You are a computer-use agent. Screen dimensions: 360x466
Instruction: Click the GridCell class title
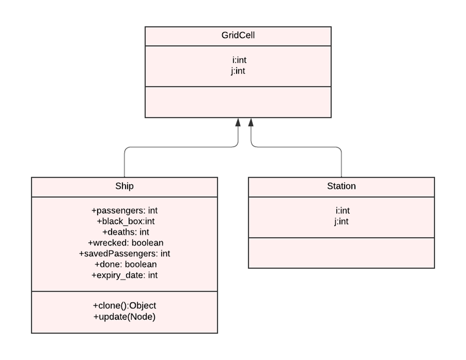point(238,35)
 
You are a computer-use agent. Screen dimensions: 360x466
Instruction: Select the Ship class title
point(124,186)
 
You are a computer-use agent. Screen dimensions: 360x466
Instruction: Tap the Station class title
point(341,186)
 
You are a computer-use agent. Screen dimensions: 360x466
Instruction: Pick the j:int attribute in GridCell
point(238,71)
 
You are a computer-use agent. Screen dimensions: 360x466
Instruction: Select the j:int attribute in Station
point(341,221)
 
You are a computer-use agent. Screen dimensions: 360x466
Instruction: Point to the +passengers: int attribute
point(124,210)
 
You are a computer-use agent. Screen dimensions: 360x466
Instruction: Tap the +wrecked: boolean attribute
point(125,243)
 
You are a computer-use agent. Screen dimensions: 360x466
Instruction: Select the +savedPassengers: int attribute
point(124,253)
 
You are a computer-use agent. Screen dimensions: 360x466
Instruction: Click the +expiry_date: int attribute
point(124,275)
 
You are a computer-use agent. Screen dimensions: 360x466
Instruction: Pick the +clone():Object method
point(124,306)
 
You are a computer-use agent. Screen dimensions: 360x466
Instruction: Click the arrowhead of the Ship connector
point(238,122)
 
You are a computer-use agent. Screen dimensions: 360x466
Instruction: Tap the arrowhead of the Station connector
point(251,122)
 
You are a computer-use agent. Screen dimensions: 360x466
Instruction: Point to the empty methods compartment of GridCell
point(238,102)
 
